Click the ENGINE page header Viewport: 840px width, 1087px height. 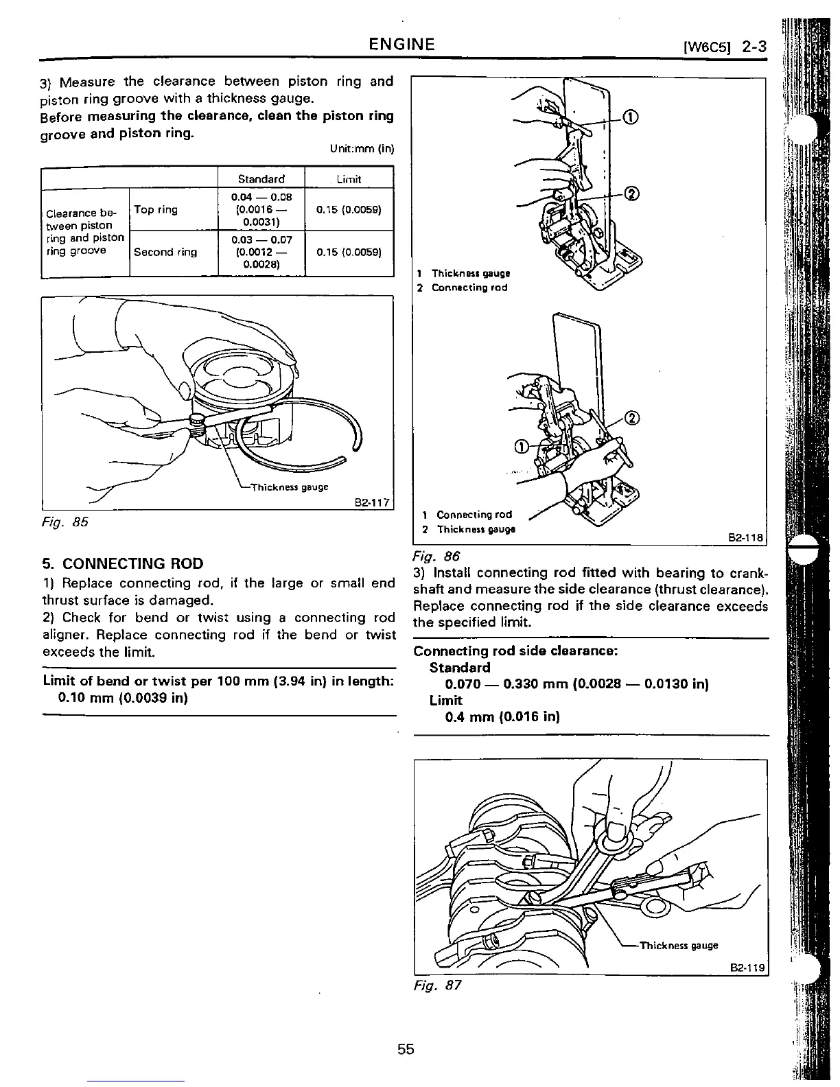[401, 45]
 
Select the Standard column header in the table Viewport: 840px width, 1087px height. [261, 178]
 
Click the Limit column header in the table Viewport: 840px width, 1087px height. [349, 178]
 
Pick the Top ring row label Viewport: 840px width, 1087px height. [156, 209]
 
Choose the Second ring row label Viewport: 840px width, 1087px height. [165, 252]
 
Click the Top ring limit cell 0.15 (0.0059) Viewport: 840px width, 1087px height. [349, 209]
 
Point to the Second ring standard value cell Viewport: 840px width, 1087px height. [261, 252]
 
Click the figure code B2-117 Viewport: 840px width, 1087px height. [371, 503]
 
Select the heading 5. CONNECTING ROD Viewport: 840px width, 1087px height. [123, 563]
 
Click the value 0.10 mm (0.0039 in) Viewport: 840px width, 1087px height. [124, 698]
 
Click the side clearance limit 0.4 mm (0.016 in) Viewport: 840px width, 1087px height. [502, 717]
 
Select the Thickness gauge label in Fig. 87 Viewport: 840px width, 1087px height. [679, 945]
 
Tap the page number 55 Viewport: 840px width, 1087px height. [406, 1049]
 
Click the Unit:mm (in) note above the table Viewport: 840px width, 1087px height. [362, 149]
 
